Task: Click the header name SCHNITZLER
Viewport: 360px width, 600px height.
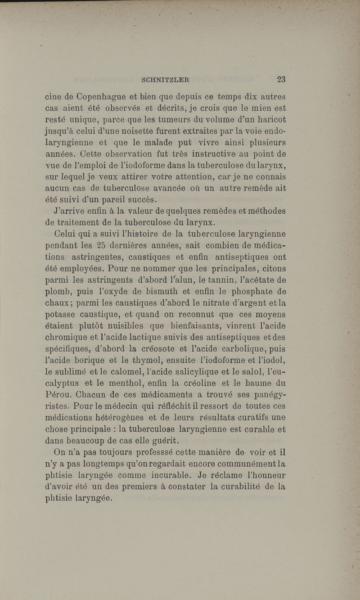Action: click(x=165, y=80)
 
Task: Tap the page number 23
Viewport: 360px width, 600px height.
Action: click(x=281, y=80)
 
